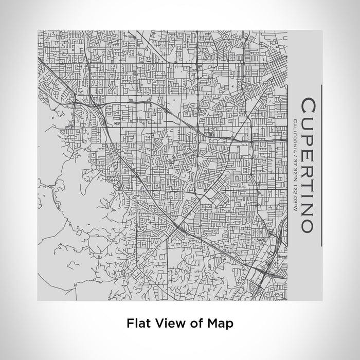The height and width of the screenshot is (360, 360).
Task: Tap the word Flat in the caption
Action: tap(138, 323)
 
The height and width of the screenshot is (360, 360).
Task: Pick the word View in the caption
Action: tap(168, 323)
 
